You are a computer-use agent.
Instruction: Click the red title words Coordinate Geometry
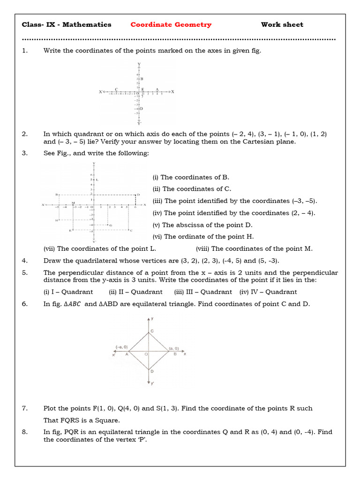pos(171,25)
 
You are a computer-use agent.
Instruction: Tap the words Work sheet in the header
pos(282,25)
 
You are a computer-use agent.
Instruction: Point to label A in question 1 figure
pos(157,89)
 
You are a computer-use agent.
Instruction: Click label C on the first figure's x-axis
pos(116,89)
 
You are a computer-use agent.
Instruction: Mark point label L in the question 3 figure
pos(97,180)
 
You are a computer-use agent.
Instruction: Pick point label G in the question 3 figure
pos(111,225)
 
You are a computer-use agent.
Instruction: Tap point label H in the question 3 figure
pos(57,220)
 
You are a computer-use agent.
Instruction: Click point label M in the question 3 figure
pos(73,203)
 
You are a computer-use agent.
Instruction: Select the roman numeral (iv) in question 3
pos(157,213)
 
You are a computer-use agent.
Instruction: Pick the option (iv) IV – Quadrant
pos(268,292)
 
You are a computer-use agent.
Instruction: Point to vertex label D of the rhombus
pos(151,371)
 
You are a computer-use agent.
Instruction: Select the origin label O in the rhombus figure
pos(146,355)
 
